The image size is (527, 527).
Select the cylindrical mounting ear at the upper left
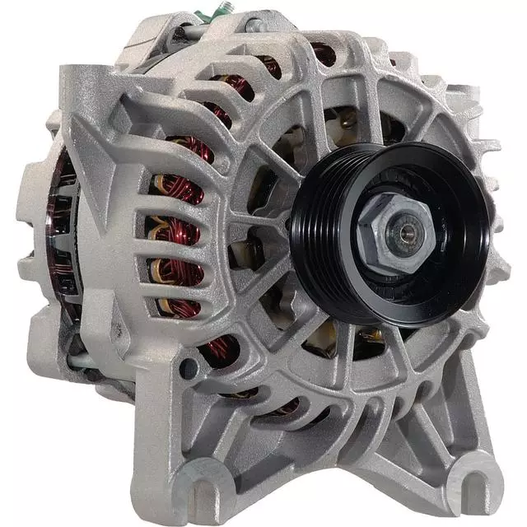tap(82, 86)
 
